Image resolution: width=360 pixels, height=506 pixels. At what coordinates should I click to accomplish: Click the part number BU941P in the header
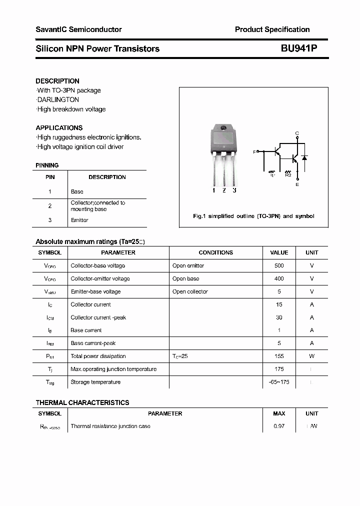pyautogui.click(x=298, y=48)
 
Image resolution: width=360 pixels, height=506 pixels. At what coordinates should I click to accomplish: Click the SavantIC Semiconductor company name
pyautogui.click(x=78, y=29)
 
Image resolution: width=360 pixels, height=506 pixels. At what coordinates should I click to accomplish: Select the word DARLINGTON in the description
pyautogui.click(x=58, y=99)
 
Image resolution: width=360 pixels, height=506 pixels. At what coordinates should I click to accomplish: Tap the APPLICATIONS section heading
pyautogui.click(x=59, y=127)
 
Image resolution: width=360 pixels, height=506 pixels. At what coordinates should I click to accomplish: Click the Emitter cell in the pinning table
pyautogui.click(x=79, y=220)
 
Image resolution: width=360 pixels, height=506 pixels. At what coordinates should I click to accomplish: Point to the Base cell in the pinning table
pyautogui.click(x=77, y=191)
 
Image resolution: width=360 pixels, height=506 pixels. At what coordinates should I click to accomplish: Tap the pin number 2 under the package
pyautogui.click(x=224, y=190)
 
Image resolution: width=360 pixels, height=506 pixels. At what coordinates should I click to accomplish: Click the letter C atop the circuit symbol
pyautogui.click(x=297, y=133)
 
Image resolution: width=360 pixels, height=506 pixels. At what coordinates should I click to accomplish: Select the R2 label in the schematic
pyautogui.click(x=288, y=175)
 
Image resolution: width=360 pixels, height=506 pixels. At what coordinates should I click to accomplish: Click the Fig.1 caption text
pyautogui.click(x=253, y=216)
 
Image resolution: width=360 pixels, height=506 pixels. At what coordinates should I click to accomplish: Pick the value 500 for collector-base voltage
pyautogui.click(x=279, y=265)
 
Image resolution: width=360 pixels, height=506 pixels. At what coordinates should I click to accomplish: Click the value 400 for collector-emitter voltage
pyautogui.click(x=279, y=278)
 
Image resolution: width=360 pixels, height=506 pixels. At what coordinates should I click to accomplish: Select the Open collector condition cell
pyautogui.click(x=190, y=291)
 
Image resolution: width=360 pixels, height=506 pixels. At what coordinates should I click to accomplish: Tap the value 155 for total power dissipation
pyautogui.click(x=279, y=356)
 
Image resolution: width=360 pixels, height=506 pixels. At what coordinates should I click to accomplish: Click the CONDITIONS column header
pyautogui.click(x=215, y=252)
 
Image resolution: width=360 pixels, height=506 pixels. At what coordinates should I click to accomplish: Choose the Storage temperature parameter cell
pyautogui.click(x=95, y=382)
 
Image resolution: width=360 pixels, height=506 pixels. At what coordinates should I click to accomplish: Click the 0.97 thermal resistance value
pyautogui.click(x=279, y=426)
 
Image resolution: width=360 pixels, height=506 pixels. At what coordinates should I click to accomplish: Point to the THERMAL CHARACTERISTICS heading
pyautogui.click(x=82, y=402)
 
